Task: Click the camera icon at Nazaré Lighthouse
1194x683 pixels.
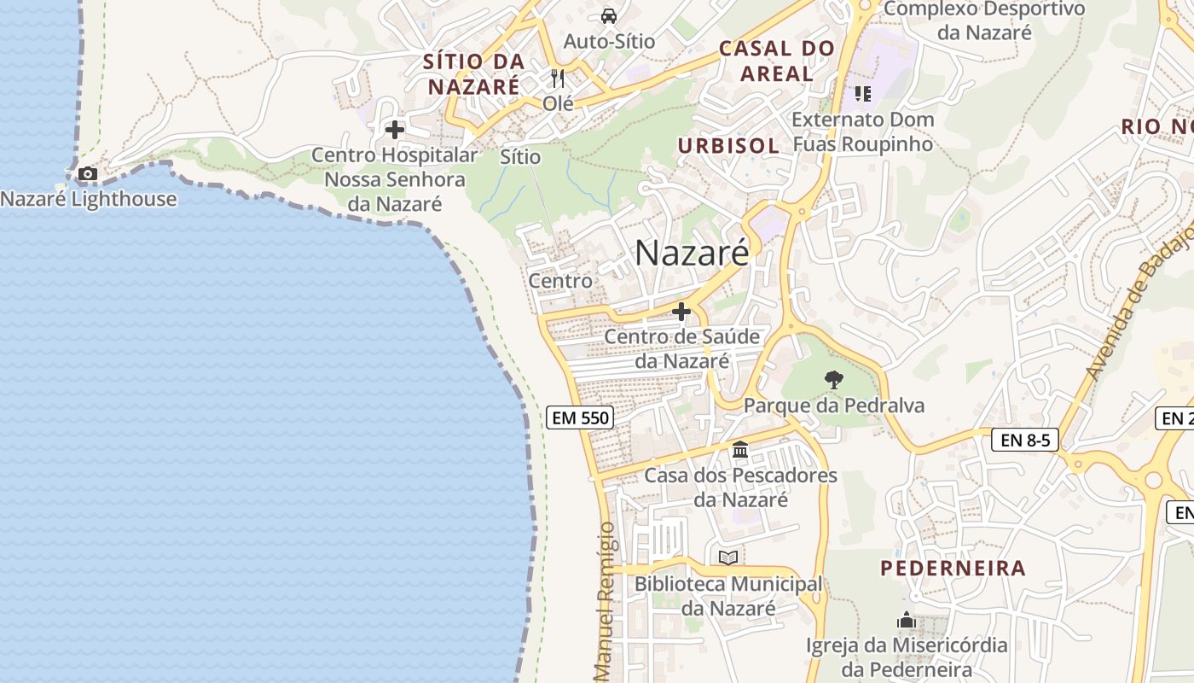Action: tap(87, 174)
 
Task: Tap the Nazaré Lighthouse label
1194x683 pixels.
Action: tap(89, 200)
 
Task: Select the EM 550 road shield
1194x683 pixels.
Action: tap(580, 417)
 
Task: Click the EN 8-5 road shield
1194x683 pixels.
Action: tap(1025, 441)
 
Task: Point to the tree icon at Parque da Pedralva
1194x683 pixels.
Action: tap(834, 380)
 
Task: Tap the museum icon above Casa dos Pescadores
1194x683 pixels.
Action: tap(740, 449)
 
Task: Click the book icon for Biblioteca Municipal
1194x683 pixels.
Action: tap(728, 557)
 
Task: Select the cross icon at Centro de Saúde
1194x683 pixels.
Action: tap(681, 312)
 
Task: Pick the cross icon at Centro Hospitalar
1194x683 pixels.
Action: tap(395, 130)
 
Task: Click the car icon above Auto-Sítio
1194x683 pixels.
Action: tap(609, 15)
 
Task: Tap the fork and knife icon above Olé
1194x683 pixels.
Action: tap(559, 79)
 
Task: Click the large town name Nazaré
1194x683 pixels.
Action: tap(692, 253)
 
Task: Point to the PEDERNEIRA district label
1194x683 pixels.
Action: tap(953, 569)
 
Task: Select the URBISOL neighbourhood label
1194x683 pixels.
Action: tap(728, 146)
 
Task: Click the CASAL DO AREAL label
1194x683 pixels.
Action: tap(776, 61)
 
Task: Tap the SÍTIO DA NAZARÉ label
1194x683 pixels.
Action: tap(473, 74)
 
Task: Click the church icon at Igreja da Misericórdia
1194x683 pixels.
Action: tap(907, 620)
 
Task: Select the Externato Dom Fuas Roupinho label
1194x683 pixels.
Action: tap(863, 131)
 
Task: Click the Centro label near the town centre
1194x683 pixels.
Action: tap(560, 281)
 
